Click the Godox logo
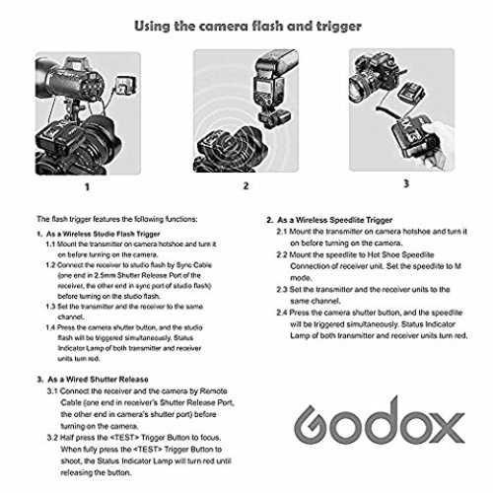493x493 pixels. (380, 422)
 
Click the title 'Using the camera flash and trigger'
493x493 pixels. (247, 26)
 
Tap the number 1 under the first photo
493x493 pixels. (87, 187)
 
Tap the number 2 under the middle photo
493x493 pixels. (246, 186)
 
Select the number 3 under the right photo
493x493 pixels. (406, 183)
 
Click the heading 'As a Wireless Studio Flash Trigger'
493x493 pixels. (103, 234)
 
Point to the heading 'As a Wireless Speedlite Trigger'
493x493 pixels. (334, 220)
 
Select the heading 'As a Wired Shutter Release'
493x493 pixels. (98, 380)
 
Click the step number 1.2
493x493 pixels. (50, 265)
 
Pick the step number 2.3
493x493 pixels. (282, 290)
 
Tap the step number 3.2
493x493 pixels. (52, 438)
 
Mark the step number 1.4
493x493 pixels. (50, 327)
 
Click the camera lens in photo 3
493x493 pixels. (360, 87)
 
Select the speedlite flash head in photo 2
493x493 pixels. (277, 62)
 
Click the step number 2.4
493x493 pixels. (282, 313)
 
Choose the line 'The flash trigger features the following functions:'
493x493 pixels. (117, 219)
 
